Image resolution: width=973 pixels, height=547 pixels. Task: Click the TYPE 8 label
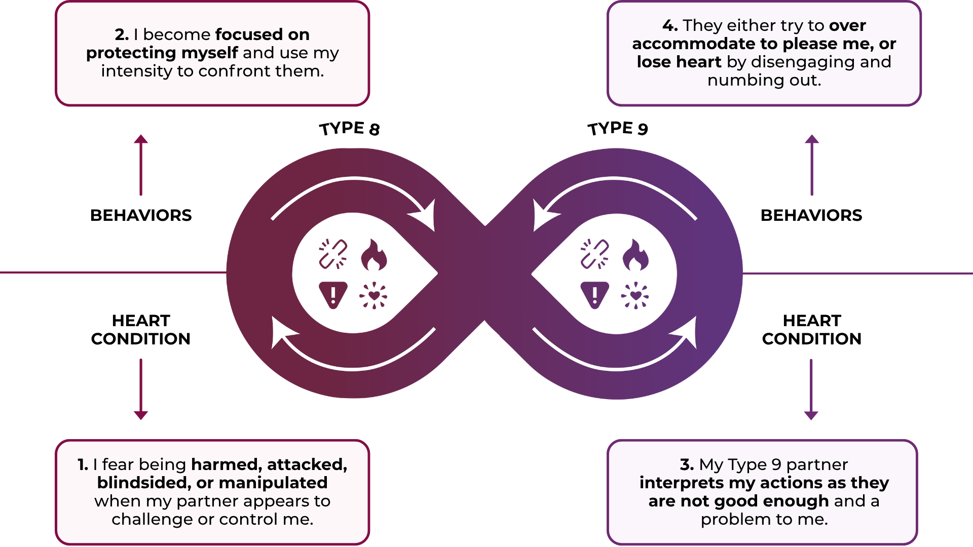point(350,129)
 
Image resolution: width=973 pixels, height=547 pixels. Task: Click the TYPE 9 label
point(618,129)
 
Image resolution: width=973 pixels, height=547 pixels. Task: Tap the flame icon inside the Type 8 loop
point(374,254)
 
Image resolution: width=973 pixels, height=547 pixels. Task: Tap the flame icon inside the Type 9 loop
point(635,254)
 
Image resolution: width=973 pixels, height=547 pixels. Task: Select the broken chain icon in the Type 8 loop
point(333,254)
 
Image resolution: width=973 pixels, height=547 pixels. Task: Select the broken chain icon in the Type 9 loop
point(594,254)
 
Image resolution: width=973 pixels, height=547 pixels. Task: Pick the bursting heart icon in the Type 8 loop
point(373,295)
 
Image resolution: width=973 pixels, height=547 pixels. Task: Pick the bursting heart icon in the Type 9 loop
point(635,295)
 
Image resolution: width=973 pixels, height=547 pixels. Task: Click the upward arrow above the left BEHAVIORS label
point(141,165)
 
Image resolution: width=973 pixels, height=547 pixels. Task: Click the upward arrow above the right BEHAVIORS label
point(812,165)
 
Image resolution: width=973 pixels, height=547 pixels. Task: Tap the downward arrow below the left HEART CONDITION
point(141,389)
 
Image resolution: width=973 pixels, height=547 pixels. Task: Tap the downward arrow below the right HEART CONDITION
point(811,389)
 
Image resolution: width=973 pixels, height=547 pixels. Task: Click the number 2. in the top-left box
point(122,34)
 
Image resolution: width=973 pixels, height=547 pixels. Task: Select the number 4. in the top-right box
point(670,25)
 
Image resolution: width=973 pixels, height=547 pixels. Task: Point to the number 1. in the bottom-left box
point(83,464)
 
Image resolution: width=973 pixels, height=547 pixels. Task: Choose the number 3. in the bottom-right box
point(687,464)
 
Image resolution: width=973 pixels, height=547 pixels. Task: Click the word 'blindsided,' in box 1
point(144,483)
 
